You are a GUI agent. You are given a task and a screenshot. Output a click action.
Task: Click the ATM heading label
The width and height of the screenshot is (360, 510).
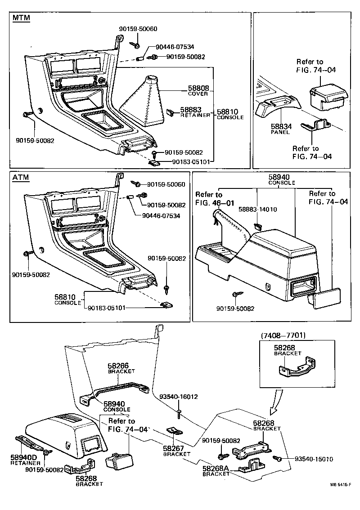tap(21, 177)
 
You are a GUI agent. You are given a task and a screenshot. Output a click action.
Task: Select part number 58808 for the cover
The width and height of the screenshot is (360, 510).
tap(198, 89)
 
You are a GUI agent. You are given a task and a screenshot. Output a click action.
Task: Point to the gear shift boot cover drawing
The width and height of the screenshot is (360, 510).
tap(147, 102)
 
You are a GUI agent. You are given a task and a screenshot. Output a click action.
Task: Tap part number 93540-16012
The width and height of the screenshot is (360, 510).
tap(179, 397)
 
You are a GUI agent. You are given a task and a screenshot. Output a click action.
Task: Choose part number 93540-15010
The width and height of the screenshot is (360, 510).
tap(313, 459)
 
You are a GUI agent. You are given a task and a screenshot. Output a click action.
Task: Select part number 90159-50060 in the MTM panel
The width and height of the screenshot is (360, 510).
tap(138, 29)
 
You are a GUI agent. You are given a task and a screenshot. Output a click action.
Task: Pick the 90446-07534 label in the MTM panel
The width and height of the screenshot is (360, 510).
tap(175, 47)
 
